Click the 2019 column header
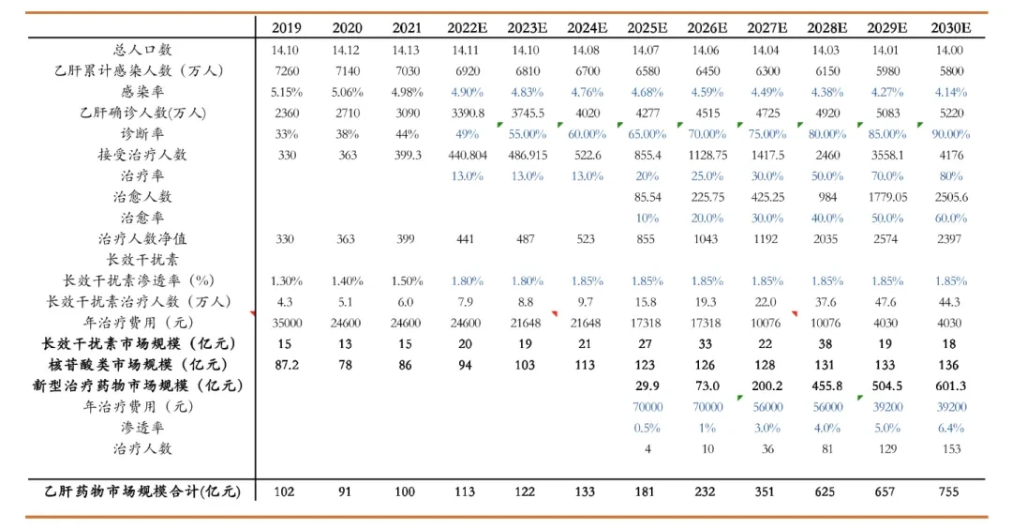(x=286, y=28)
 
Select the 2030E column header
(x=951, y=28)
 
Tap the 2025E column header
(x=647, y=28)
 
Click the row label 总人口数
(x=142, y=50)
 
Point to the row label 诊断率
(x=142, y=134)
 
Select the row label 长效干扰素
(x=142, y=260)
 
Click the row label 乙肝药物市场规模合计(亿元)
(x=142, y=491)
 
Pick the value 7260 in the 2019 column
(x=287, y=71)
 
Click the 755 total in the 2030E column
(x=948, y=491)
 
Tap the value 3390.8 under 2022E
(x=468, y=113)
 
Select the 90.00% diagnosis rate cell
(x=951, y=134)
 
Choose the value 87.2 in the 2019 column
(x=287, y=365)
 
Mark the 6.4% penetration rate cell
(x=951, y=428)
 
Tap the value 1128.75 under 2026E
(x=707, y=155)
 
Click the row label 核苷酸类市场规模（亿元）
(x=138, y=365)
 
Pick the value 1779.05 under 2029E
(x=887, y=197)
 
